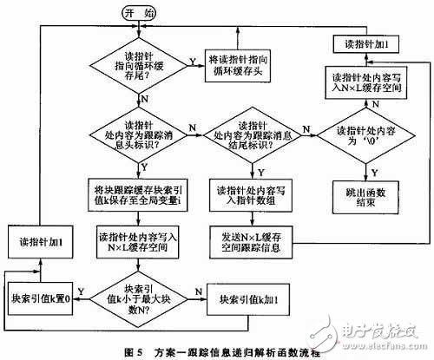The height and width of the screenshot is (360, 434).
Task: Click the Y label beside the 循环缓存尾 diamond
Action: point(193,61)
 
